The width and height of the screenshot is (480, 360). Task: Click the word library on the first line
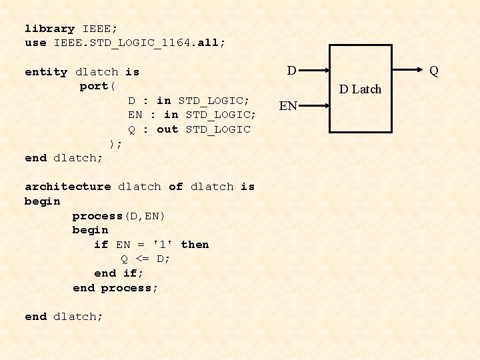tap(49, 29)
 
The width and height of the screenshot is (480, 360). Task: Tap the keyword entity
tap(46, 72)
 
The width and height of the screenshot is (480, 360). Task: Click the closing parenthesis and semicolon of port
tap(115, 143)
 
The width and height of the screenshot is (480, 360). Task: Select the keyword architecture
tap(67, 187)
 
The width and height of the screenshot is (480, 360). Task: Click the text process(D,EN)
tap(119, 216)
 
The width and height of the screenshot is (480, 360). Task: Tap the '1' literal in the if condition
tap(160, 245)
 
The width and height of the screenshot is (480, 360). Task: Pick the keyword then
tap(195, 245)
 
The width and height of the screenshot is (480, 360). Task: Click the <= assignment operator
tap(143, 259)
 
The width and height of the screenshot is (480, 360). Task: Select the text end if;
tap(119, 273)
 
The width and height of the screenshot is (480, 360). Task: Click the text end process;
tap(115, 288)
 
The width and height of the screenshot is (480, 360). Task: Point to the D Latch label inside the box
tap(360, 89)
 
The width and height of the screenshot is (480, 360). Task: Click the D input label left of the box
tap(292, 70)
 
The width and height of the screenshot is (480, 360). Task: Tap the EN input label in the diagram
tap(288, 105)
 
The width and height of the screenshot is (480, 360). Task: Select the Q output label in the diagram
tap(434, 70)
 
